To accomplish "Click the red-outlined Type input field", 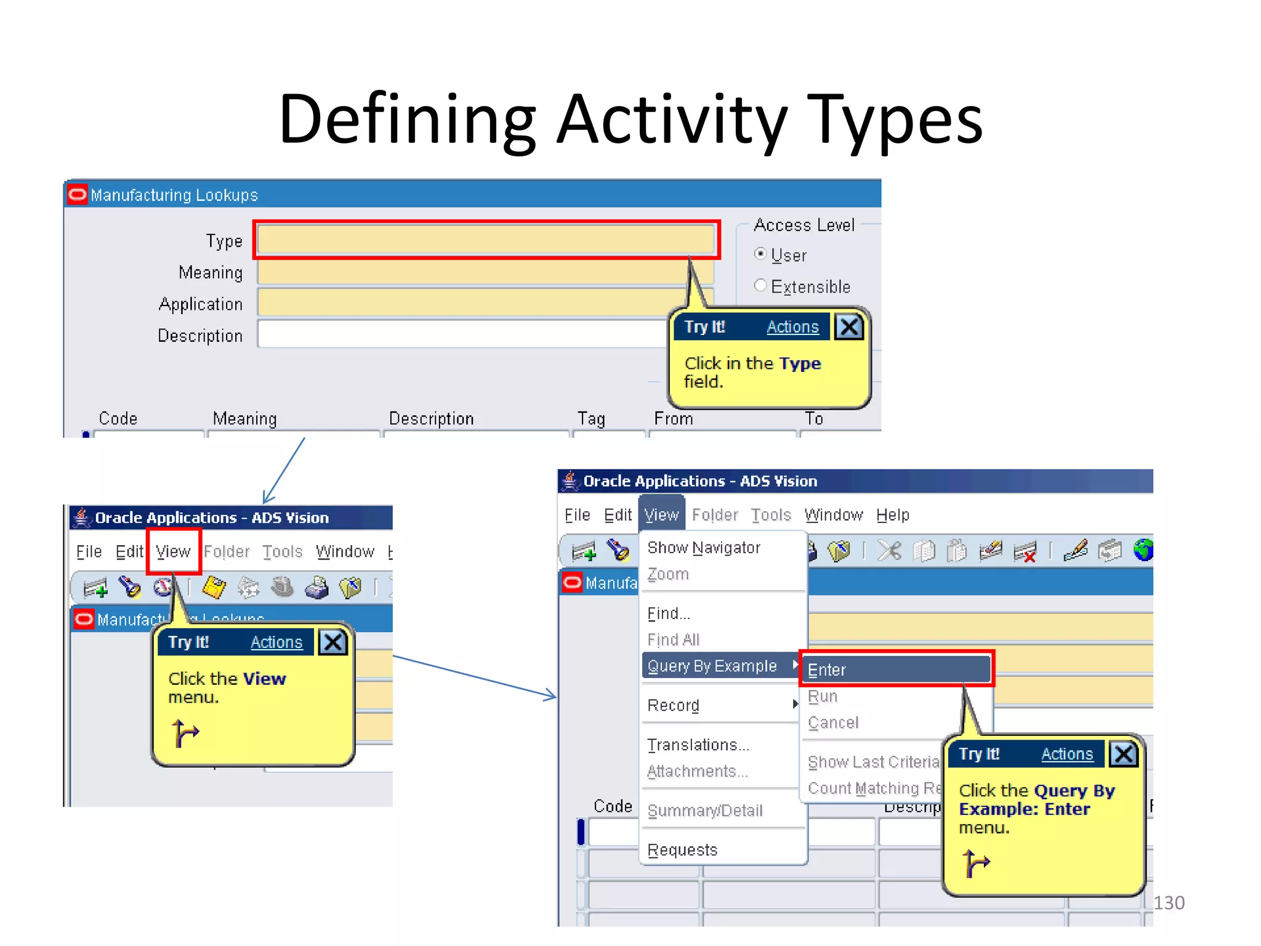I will coord(485,239).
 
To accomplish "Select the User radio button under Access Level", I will coord(761,254).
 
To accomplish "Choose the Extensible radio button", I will coord(761,286).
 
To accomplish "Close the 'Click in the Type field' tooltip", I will coord(849,326).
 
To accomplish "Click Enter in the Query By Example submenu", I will coord(896,669).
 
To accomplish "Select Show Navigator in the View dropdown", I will coord(704,548).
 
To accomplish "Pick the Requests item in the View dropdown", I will coord(682,850).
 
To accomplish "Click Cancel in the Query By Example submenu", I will coord(833,722).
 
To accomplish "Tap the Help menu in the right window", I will coord(893,515).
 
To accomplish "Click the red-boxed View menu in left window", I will coord(173,551).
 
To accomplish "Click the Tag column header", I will coord(591,419).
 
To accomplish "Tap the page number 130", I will coord(1169,903).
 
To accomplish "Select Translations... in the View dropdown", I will coord(698,745).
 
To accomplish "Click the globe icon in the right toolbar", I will coord(1143,550).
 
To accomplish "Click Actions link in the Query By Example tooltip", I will coord(1067,754).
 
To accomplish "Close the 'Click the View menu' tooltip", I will coord(333,642).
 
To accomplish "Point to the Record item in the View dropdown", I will coord(674,705).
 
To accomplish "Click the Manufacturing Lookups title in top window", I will coord(174,195).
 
